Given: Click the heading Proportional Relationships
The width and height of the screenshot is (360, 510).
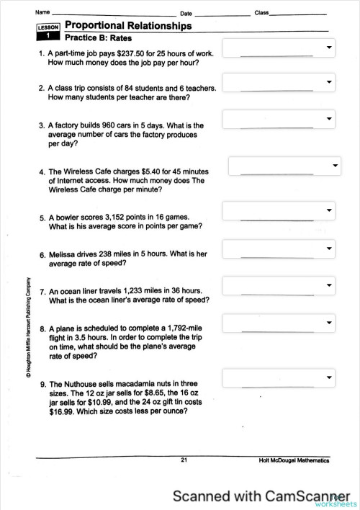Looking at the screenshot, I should tap(128, 26).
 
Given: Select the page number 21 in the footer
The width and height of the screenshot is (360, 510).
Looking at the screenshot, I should tap(184, 460).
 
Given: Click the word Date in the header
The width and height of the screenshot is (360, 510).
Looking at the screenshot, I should tap(186, 14).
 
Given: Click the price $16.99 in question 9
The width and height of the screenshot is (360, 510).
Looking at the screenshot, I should tap(63, 412).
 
